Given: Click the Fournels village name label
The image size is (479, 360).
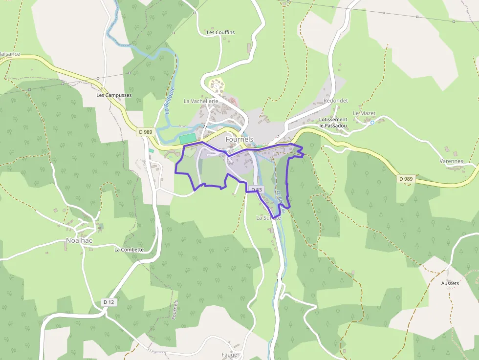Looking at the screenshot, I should (x=239, y=139).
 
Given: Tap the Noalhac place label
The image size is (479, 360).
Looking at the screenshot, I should (x=79, y=240).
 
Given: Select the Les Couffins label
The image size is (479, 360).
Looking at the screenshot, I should (x=220, y=33).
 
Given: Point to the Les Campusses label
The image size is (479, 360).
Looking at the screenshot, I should (x=114, y=95).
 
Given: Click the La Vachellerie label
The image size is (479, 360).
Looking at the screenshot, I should (x=200, y=101).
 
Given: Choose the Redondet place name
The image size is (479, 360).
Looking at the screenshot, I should (x=335, y=101).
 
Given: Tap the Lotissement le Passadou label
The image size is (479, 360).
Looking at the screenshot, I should (x=333, y=123).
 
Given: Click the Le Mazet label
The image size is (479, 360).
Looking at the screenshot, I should (x=364, y=113).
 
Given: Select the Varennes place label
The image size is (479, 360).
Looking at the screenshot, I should (x=451, y=161).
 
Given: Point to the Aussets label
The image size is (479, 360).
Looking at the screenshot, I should (x=450, y=283).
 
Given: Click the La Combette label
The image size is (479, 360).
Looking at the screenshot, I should (x=129, y=250).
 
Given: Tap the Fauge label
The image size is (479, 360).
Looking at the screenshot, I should (x=229, y=355).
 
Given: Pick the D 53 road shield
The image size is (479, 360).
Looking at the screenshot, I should (x=256, y=190).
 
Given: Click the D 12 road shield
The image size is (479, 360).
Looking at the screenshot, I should (x=109, y=302).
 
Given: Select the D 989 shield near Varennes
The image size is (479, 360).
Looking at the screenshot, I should (x=405, y=179).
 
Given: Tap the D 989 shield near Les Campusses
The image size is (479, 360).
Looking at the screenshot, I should (x=145, y=131).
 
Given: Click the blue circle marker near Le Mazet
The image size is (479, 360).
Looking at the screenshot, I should (x=372, y=123).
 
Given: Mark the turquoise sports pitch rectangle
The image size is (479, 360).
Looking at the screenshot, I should (x=190, y=139).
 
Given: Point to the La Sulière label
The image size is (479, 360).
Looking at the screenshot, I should (x=268, y=218).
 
